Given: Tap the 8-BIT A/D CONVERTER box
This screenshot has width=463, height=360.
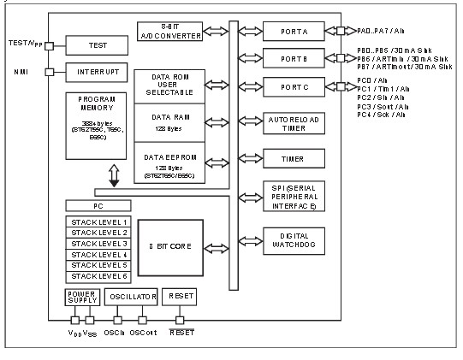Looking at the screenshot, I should pos(169,31).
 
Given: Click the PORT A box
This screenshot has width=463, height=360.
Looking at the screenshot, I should pos(294,31).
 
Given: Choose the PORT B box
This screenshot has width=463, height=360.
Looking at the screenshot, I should pos(294,58).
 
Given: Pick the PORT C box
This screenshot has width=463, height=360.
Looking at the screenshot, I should pos(294,86).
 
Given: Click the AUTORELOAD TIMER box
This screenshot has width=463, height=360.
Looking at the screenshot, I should pos(294,123).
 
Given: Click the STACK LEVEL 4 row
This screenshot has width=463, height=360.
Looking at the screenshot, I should pos(99,255).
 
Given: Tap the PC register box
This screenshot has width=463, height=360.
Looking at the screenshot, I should pos(99,206).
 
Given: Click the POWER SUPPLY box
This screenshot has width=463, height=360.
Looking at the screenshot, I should pos(82,297).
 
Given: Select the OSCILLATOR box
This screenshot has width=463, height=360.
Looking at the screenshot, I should pos(131,297).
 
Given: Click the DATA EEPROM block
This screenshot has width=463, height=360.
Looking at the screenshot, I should pos(169,162).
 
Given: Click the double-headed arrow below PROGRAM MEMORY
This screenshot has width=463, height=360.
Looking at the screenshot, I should pos(114,175).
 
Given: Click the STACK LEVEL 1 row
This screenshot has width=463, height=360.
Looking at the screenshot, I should pos(99,221).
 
